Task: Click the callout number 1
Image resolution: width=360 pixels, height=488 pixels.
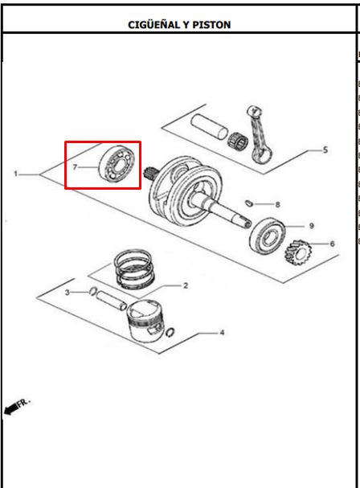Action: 16,174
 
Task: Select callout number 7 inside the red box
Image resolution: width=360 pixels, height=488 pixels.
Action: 75,167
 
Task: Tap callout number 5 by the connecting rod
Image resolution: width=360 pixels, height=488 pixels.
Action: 325,150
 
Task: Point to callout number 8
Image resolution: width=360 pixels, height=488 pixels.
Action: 277,204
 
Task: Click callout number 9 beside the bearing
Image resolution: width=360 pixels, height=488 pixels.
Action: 311,226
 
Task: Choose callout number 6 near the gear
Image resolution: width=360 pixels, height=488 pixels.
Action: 332,244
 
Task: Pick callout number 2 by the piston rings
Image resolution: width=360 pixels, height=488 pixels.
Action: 186,285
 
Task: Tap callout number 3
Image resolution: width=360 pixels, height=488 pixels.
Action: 67,293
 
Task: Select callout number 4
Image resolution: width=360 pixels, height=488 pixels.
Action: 222,333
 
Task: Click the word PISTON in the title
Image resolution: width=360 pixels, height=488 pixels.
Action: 211,25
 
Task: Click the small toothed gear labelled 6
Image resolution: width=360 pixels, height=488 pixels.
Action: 298,252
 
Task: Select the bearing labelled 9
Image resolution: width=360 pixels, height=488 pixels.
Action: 268,236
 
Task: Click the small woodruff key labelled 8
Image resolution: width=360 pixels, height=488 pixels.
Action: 248,203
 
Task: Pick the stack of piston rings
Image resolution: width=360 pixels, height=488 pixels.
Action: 134,268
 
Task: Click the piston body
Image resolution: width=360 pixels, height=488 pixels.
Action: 145,320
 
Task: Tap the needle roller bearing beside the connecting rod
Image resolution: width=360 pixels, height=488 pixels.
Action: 237,141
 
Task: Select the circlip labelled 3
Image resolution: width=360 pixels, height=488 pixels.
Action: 92,291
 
